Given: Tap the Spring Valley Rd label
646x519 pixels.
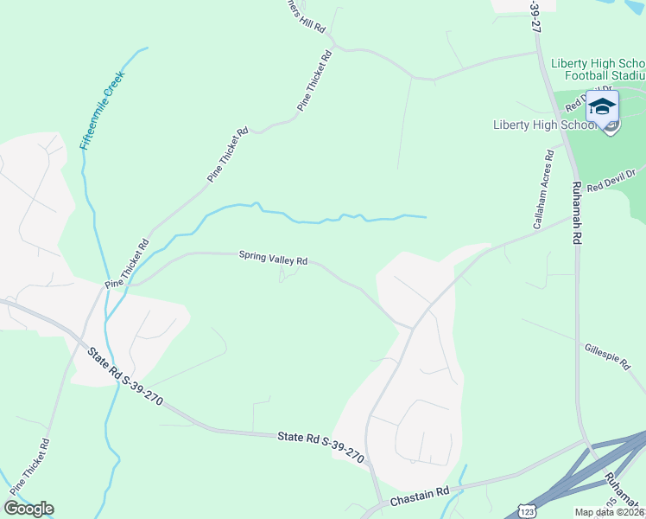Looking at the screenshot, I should pyautogui.click(x=273, y=259).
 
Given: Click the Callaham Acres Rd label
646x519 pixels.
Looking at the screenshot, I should pyautogui.click(x=542, y=189).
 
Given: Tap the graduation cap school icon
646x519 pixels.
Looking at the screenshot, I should pyautogui.click(x=602, y=107).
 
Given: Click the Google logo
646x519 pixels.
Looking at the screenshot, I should pyautogui.click(x=28, y=509).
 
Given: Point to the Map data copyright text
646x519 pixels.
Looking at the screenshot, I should pyautogui.click(x=609, y=512).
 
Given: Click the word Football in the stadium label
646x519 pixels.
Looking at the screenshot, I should pyautogui.click(x=596, y=76).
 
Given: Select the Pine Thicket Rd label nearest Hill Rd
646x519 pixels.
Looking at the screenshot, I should pyautogui.click(x=314, y=80).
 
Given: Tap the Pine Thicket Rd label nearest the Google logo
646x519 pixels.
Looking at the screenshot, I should pyautogui.click(x=28, y=467).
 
